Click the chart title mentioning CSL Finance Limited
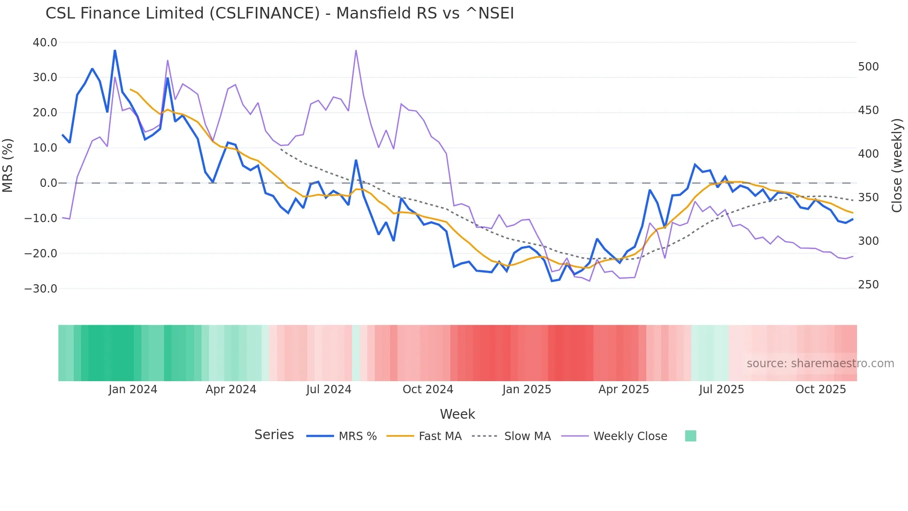279,13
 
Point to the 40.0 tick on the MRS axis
45,43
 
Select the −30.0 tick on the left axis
41,289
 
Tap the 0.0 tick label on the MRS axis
48,183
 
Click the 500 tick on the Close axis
868,67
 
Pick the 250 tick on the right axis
868,285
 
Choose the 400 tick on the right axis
868,154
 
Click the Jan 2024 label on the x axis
133,390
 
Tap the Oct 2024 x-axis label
428,390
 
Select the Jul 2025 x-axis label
721,390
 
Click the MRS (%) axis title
8,166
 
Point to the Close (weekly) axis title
897,166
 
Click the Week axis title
457,414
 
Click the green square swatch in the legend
690,436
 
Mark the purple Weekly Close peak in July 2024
356,50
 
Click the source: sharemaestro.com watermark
820,364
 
